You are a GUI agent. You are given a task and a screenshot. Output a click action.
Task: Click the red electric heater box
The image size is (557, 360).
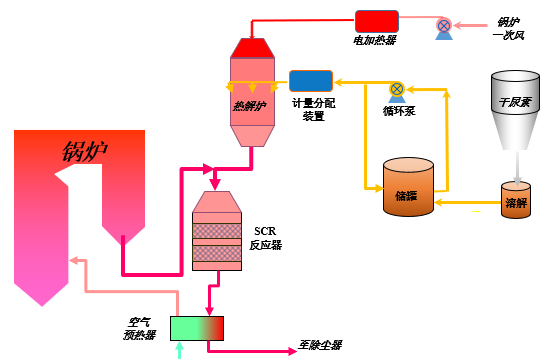pyautogui.click(x=377, y=20)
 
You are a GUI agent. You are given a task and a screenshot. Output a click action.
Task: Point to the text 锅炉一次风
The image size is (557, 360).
pyautogui.click(x=508, y=28)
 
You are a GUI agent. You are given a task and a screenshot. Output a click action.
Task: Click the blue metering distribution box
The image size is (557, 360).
pyautogui.click(x=311, y=81)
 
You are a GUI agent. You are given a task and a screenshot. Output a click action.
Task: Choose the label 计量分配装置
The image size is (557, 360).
pyautogui.click(x=313, y=109)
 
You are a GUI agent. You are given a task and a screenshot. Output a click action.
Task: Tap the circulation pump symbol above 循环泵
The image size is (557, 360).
pyautogui.click(x=397, y=89)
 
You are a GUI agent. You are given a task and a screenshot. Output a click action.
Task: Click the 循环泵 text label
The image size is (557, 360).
pyautogui.click(x=398, y=111)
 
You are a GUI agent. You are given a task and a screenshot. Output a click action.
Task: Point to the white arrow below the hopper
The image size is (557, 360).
pyautogui.click(x=517, y=164)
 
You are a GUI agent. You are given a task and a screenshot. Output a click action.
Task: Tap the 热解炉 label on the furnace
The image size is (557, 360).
pyautogui.click(x=250, y=105)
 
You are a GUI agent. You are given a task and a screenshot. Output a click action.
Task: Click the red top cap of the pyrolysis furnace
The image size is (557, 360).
pyautogui.click(x=249, y=47)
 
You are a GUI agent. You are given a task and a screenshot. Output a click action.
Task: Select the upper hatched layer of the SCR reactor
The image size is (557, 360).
pyautogui.click(x=216, y=229)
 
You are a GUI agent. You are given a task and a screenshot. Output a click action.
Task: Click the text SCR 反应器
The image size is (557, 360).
pyautogui.click(x=268, y=238)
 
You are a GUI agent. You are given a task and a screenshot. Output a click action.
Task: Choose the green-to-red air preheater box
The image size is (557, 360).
pyautogui.click(x=196, y=328)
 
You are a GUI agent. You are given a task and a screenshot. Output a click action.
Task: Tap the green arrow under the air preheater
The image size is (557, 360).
pyautogui.click(x=180, y=349)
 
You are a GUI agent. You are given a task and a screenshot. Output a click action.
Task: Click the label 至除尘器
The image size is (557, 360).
pyautogui.click(x=320, y=346)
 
